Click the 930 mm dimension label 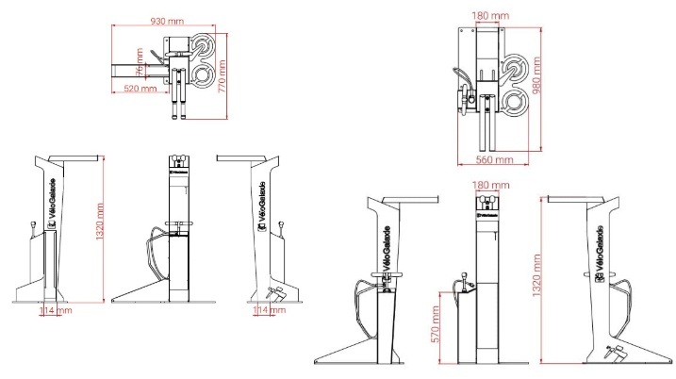coord(168,20)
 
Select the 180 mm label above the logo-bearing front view coord(486,187)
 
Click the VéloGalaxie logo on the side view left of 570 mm coord(386,248)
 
